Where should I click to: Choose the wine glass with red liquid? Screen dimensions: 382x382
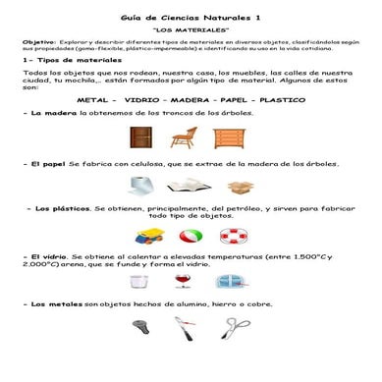(184, 282)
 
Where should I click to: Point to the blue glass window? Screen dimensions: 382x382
(230, 282)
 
